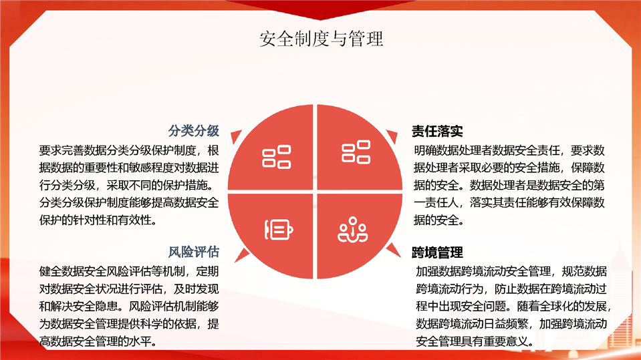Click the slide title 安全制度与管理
(x=322, y=39)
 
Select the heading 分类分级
(x=194, y=131)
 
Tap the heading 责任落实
(x=437, y=131)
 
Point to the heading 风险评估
(x=194, y=252)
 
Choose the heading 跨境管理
(x=437, y=252)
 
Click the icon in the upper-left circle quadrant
(x=276, y=157)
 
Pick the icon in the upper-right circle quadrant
(x=356, y=152)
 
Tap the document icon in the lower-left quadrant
(x=279, y=230)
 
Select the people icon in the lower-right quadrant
(x=352, y=230)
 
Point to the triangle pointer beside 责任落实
(x=393, y=136)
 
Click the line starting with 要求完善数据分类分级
(x=129, y=150)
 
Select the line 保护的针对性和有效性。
(x=98, y=220)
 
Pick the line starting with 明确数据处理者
(x=509, y=150)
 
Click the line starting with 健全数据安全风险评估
(x=129, y=271)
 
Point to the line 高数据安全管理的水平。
(x=98, y=341)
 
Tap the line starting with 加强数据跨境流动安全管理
(x=511, y=271)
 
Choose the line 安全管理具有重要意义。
(x=475, y=341)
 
